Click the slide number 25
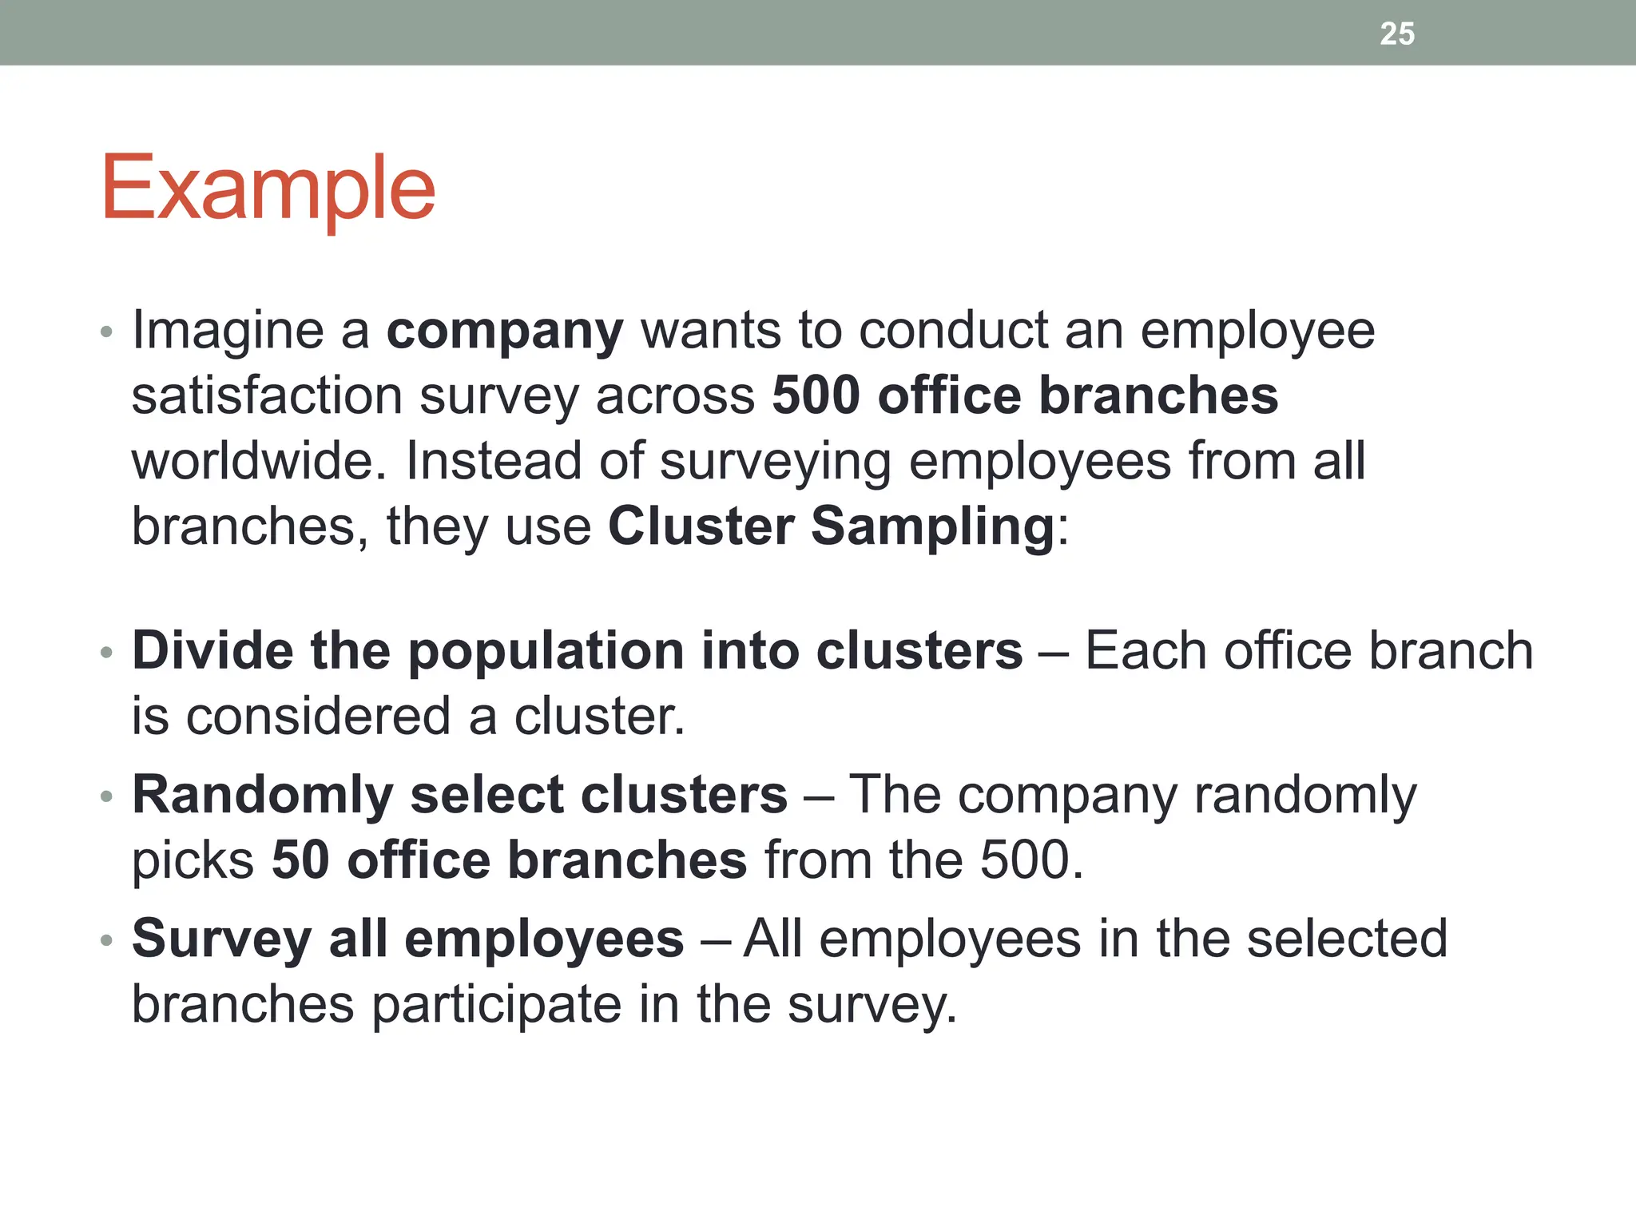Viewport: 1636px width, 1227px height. click(x=1396, y=34)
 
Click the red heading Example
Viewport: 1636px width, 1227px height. click(x=268, y=189)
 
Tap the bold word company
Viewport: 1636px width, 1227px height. click(x=505, y=331)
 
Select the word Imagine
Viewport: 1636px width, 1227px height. click(x=228, y=331)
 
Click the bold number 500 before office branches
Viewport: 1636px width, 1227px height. click(x=816, y=395)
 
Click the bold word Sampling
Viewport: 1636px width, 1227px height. click(x=932, y=526)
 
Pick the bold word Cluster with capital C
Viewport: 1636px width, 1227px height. click(x=701, y=526)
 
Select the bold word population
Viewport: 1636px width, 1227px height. click(x=546, y=652)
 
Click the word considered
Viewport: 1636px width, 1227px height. click(x=319, y=716)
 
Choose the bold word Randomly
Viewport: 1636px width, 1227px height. click(x=263, y=796)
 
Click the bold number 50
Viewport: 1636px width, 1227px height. click(x=300, y=860)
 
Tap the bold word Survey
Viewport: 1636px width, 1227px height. click(x=221, y=939)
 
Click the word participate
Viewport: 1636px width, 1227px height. click(x=497, y=1005)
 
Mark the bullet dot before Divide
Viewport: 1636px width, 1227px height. click(x=107, y=653)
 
